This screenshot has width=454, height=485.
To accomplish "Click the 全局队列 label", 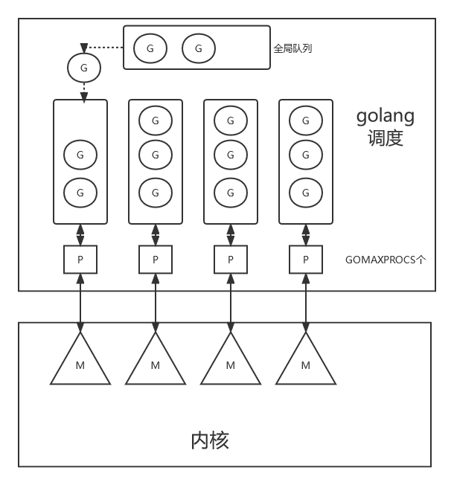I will coord(292,48).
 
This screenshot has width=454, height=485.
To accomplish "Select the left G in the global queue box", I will coord(150,48).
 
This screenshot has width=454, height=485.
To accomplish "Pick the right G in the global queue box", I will coord(199,48).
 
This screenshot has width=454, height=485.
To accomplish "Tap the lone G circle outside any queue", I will coord(83,68).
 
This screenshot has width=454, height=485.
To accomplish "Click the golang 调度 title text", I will coord(385,126).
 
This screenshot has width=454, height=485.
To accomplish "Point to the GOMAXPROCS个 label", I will coord(386,260).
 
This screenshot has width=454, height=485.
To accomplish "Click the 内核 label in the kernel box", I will coord(210,440).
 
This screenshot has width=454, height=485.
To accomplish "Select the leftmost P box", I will coord(80,260).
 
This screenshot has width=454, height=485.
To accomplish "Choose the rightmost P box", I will coord(306,260).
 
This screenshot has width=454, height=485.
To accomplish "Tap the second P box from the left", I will coord(156,260).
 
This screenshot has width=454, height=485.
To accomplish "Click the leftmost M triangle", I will coord(80,361).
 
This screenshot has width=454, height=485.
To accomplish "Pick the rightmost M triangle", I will coord(306,361).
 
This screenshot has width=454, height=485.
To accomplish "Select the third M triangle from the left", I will coord(231,361).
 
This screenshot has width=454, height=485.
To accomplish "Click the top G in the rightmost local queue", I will coord(306,120).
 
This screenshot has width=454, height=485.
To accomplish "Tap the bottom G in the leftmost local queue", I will coord(80,193).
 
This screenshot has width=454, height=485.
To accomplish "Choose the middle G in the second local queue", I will coord(156,155).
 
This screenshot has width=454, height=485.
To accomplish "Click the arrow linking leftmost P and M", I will coord(80,301).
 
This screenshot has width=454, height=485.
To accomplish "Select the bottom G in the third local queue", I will coord(231,193).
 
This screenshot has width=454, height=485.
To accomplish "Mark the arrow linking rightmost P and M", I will coord(306,301).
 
